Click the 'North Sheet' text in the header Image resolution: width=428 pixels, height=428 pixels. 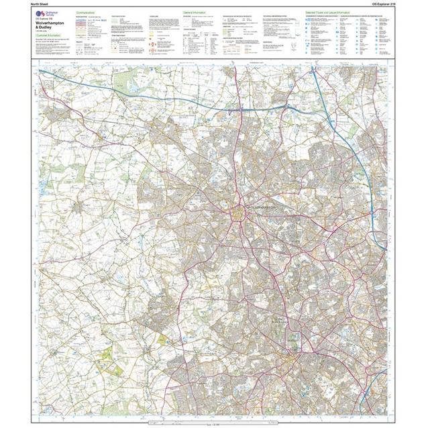point(42,4)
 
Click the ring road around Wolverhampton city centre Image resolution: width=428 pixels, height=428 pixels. point(239,214)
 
